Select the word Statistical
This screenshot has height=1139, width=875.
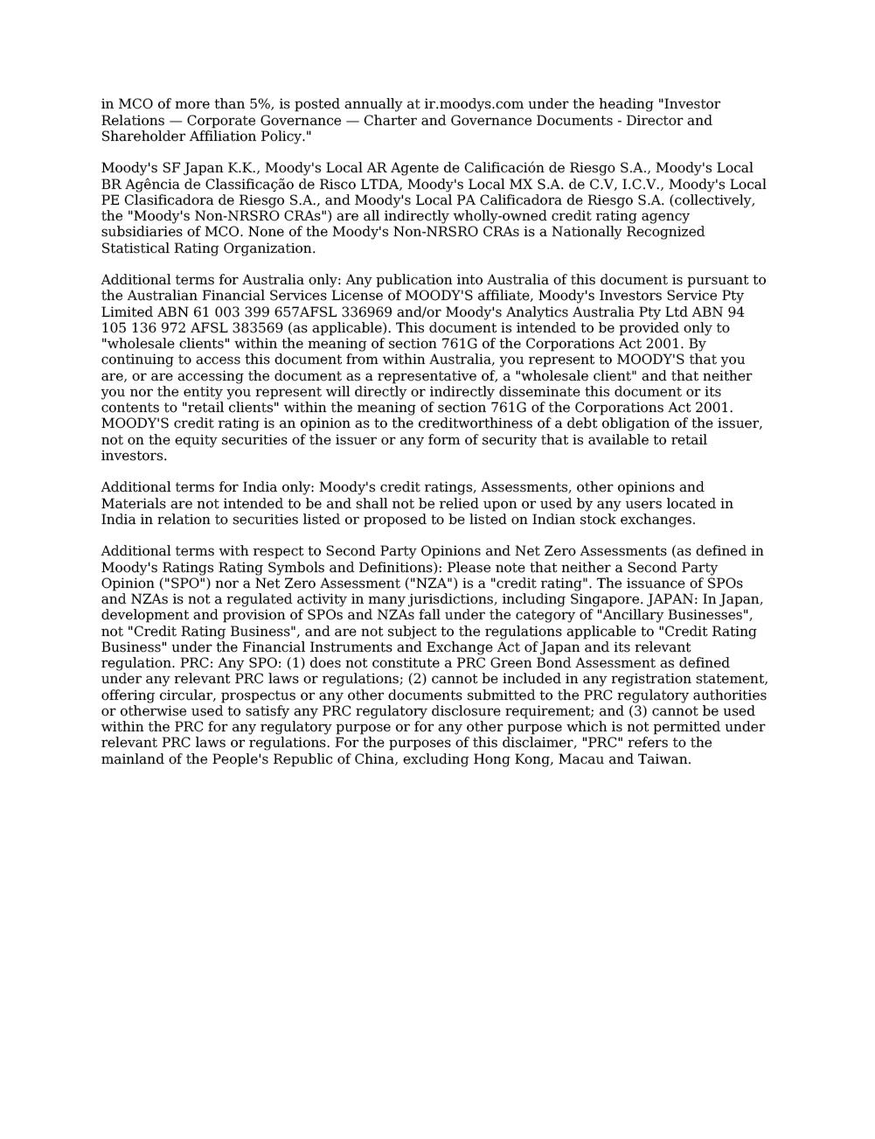[133, 248]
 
